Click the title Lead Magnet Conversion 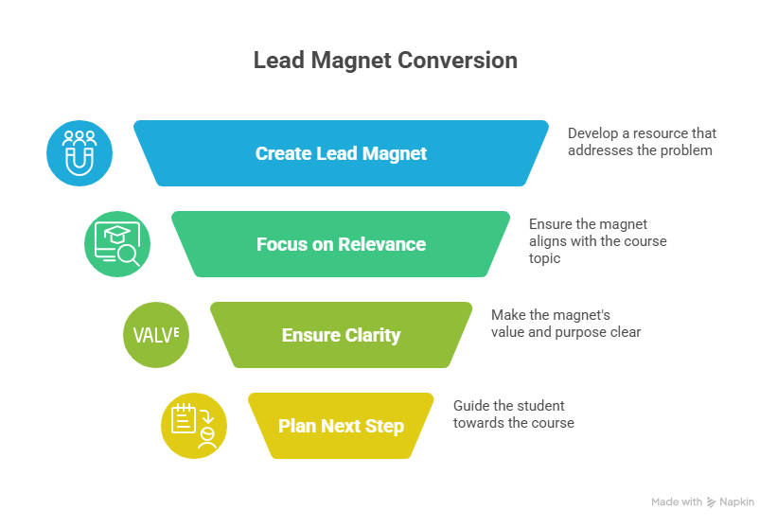(x=385, y=61)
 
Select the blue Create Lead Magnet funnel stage (x=341, y=153)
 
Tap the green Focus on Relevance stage (x=341, y=244)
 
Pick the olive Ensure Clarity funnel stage (x=341, y=335)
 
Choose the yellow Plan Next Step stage (x=341, y=426)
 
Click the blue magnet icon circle (x=79, y=153)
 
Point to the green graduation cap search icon (x=117, y=244)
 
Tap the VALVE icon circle (x=156, y=335)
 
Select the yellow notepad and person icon (x=194, y=426)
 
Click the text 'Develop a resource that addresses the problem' (x=641, y=141)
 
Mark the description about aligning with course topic (x=597, y=240)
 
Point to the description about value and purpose (x=565, y=323)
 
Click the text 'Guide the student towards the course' (x=513, y=414)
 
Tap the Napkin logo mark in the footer (x=712, y=502)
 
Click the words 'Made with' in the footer (x=677, y=502)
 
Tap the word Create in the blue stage (x=280, y=153)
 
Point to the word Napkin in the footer (x=737, y=502)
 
